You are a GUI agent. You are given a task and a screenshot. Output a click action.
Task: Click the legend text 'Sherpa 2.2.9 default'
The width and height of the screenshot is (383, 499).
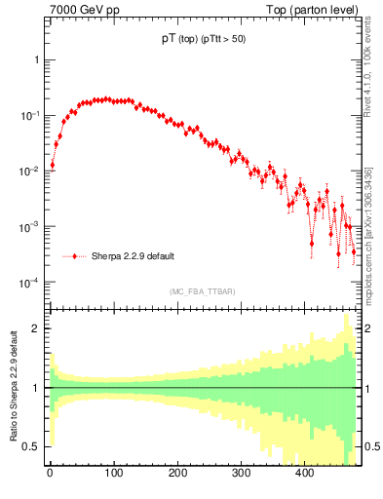tap(133, 256)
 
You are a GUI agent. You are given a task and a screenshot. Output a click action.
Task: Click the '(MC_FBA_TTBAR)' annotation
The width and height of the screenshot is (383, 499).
tap(202, 290)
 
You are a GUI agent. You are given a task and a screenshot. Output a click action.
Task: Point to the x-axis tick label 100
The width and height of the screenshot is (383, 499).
tap(113, 473)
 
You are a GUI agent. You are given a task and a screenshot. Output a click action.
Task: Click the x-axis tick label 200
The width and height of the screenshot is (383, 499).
tap(177, 473)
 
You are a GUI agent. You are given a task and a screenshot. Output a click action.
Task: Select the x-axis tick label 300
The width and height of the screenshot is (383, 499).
tap(241, 473)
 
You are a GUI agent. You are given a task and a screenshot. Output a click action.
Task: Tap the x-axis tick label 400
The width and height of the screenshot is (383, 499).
tap(305, 473)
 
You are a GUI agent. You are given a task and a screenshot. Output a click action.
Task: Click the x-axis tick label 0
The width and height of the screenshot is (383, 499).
tap(50, 473)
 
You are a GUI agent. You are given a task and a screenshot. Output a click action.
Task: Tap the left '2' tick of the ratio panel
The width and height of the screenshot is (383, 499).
tap(36, 328)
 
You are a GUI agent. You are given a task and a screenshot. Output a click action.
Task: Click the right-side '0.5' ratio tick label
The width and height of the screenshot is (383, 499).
tap(370, 446)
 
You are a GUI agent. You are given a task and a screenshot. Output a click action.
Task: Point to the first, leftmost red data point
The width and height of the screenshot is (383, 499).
tap(53, 165)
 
